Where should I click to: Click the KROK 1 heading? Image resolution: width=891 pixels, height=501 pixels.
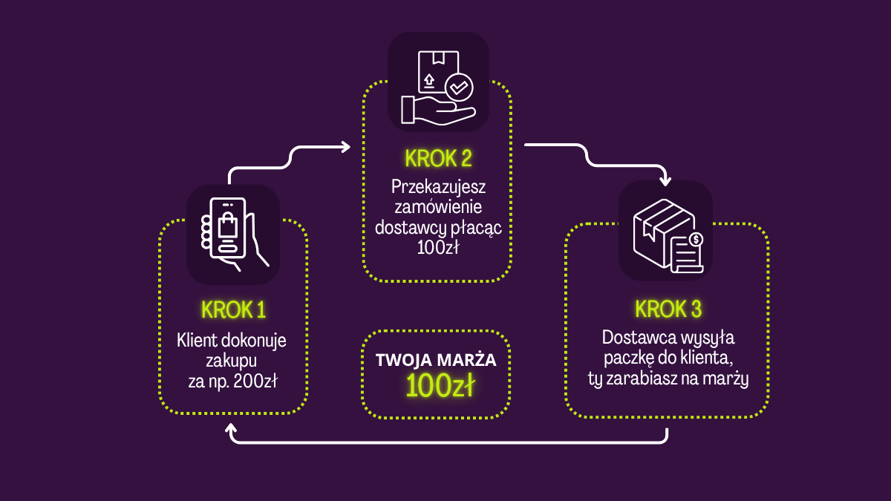[x=233, y=310]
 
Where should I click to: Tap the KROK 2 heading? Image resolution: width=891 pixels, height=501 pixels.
[x=438, y=158]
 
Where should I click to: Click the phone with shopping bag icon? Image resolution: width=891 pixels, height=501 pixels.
[x=232, y=233]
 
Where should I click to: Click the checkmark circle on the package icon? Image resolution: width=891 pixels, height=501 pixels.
[x=459, y=88]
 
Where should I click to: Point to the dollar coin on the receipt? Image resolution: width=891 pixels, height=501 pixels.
[x=696, y=239]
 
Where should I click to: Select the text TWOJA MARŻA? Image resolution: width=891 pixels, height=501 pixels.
[x=436, y=361]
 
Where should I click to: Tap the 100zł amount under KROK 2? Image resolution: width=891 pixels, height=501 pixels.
[x=437, y=247]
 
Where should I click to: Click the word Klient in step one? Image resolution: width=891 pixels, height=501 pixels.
[x=194, y=341]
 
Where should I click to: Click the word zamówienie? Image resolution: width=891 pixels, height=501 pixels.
[x=438, y=207]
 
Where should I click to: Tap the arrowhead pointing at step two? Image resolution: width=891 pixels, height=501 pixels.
[x=345, y=147]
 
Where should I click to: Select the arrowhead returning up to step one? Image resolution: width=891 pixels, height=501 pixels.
[x=233, y=430]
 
